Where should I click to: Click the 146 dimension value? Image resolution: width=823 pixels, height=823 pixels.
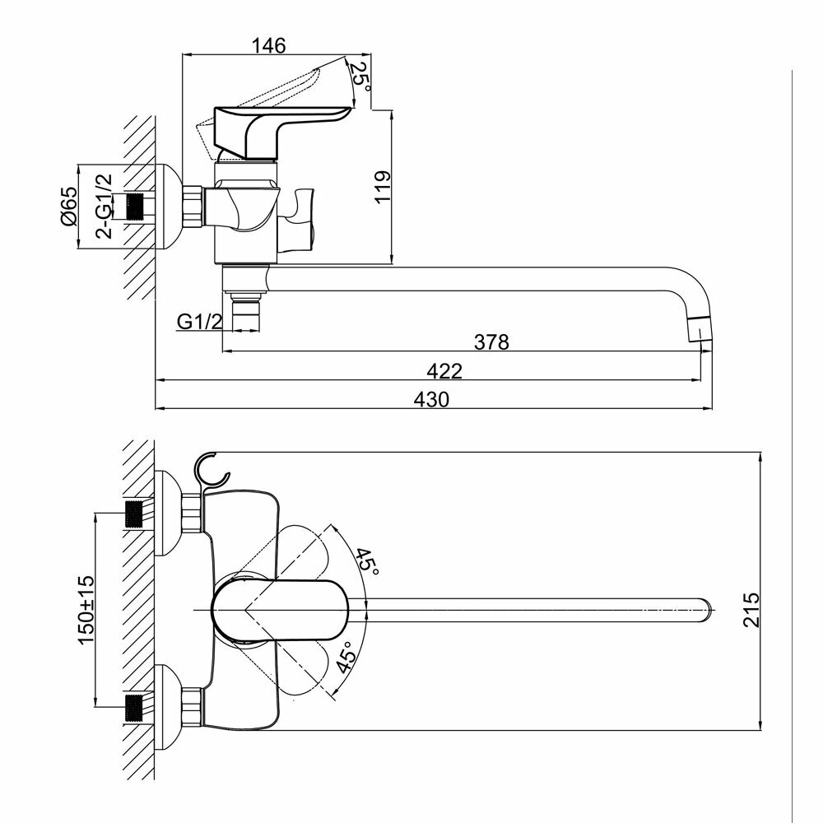tap(269, 46)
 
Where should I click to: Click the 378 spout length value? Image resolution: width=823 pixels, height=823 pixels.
tap(493, 341)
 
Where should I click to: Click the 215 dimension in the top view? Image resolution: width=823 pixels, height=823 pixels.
tap(749, 610)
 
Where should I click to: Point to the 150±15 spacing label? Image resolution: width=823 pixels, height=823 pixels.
tap(86, 609)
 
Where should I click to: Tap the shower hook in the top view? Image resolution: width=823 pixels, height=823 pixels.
tap(212, 469)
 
